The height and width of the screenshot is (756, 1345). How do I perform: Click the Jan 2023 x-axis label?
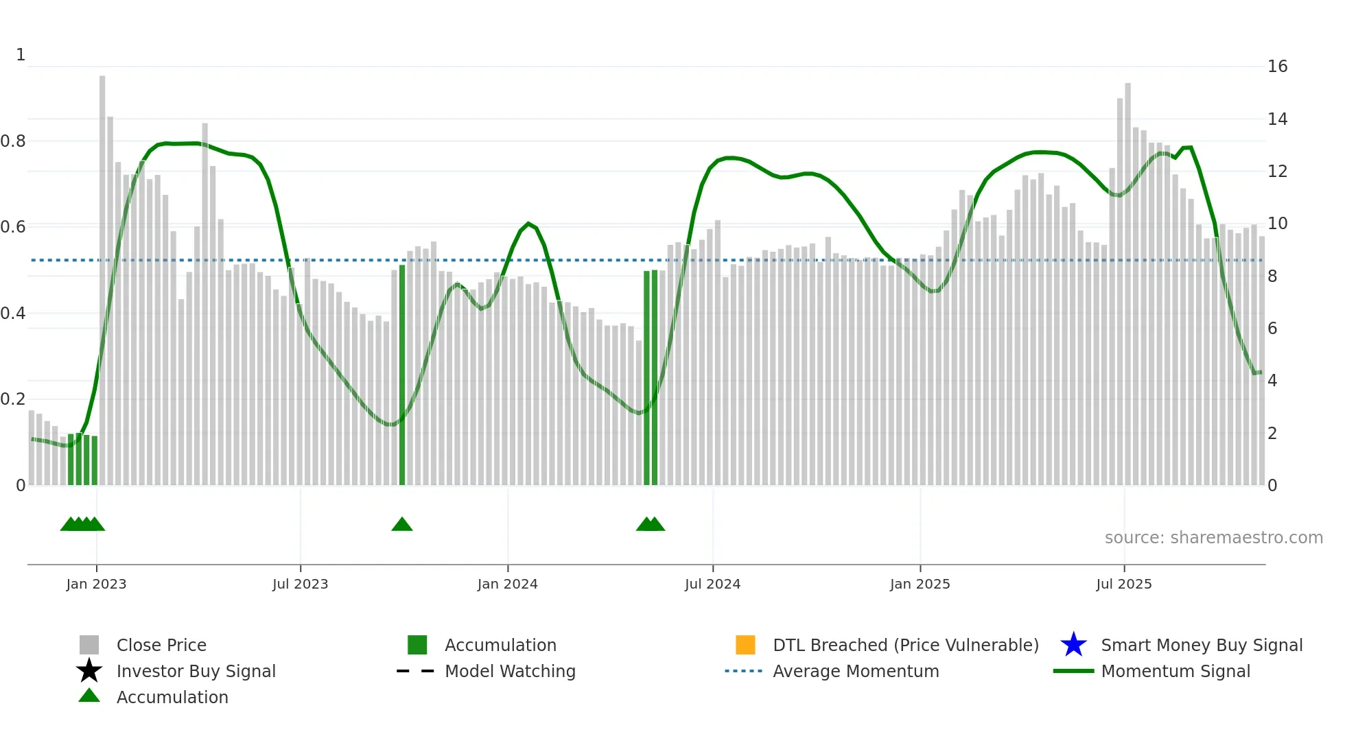[x=96, y=584]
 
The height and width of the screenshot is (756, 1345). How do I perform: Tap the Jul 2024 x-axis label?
[x=712, y=584]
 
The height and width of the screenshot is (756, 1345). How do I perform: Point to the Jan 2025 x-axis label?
[x=920, y=584]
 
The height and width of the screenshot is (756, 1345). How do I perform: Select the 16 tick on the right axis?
[x=1277, y=67]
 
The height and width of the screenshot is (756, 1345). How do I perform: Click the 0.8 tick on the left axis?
[x=13, y=141]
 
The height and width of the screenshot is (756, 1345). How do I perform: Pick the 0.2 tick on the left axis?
[x=13, y=399]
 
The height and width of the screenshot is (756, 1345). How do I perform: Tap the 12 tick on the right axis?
[x=1277, y=172]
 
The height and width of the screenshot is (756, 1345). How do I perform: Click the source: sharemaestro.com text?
[x=1213, y=537]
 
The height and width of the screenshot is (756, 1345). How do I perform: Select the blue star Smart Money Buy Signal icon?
[x=1073, y=645]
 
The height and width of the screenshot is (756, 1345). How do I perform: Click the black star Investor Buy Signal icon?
[x=89, y=671]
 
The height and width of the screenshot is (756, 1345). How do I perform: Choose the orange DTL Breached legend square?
[x=745, y=645]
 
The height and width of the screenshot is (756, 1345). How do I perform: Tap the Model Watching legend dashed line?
[x=416, y=671]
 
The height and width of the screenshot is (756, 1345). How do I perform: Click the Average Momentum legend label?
[x=856, y=671]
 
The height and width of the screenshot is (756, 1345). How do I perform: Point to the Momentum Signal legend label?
[x=1176, y=671]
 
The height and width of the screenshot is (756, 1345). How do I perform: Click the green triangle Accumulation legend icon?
[x=89, y=696]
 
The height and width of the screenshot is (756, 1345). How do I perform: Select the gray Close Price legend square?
[x=89, y=645]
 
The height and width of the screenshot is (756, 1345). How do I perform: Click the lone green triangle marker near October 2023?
[x=402, y=525]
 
